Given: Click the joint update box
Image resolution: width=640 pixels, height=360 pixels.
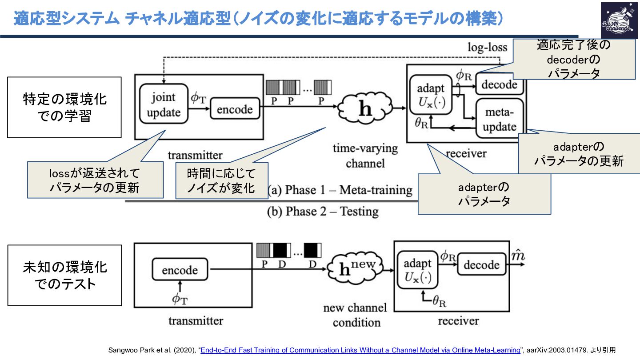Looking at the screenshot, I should point(164,105).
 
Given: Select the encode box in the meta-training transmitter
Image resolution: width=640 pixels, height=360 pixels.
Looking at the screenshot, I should point(235,109).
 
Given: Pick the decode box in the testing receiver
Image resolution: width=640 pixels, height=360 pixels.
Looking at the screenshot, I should point(481,265).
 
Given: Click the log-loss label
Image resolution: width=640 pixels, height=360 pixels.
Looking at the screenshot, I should point(487,47).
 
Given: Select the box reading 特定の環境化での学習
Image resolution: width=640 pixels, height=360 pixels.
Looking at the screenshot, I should point(64,107).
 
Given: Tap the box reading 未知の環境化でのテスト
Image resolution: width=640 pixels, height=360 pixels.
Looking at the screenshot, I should point(64,275).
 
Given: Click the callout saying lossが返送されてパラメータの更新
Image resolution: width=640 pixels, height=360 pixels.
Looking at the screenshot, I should point(94,180).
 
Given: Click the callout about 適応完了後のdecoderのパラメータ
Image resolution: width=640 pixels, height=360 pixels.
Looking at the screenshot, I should point(573,59).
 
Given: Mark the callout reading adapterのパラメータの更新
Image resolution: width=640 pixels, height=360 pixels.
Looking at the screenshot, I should point(579,154).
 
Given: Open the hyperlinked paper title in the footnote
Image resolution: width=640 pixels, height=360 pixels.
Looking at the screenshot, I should point(360,350).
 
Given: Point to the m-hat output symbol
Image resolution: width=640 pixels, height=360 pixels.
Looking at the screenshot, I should point(516,256).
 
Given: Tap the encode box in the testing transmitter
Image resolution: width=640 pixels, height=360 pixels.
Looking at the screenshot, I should point(180,269).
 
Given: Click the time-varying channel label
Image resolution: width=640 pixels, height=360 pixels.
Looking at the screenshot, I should point(365,156).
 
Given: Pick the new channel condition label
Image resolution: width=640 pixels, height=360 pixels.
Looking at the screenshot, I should point(356,315).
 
